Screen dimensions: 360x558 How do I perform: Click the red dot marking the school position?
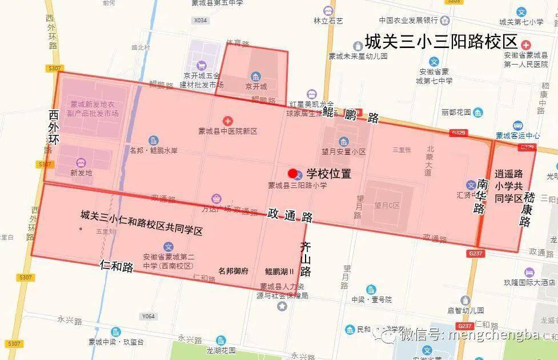[x=292, y=173]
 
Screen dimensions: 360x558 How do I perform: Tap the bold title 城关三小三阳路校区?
[x=441, y=42]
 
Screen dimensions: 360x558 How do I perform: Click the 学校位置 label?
[x=328, y=173]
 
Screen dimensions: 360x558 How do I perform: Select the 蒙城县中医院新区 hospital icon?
[x=228, y=121]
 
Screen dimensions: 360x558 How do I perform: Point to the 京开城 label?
[x=256, y=87]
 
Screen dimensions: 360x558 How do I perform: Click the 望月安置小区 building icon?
[x=343, y=141]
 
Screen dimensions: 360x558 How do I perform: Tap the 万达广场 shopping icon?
[x=216, y=199]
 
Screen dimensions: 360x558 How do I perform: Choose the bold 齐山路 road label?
[x=306, y=259]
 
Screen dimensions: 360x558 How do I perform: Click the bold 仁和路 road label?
[x=117, y=266]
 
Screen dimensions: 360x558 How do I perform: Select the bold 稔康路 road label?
[x=526, y=209]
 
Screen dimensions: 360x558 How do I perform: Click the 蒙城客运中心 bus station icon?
[x=518, y=126]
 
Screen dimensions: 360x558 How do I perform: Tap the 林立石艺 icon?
[x=328, y=10]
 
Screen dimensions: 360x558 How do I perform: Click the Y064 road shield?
[x=148, y=316]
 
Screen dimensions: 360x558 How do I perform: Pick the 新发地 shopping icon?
[x=81, y=162]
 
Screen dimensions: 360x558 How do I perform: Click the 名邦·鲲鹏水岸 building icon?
[x=154, y=141]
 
